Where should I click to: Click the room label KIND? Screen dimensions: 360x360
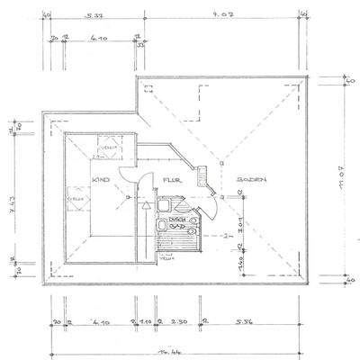(x=101, y=180)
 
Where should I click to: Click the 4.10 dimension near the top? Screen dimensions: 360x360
(x=97, y=38)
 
